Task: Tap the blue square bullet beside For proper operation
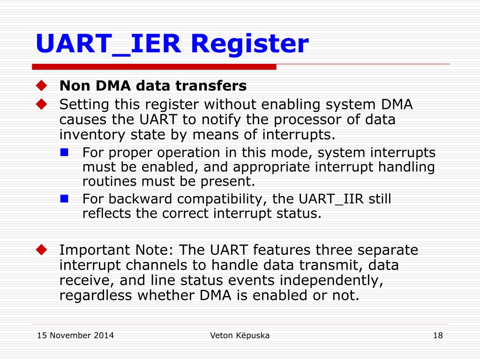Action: click(x=65, y=152)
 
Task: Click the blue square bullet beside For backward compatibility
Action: click(x=65, y=198)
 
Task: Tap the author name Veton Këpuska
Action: click(x=240, y=335)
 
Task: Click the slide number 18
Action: click(x=438, y=335)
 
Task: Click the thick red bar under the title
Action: click(x=154, y=67)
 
